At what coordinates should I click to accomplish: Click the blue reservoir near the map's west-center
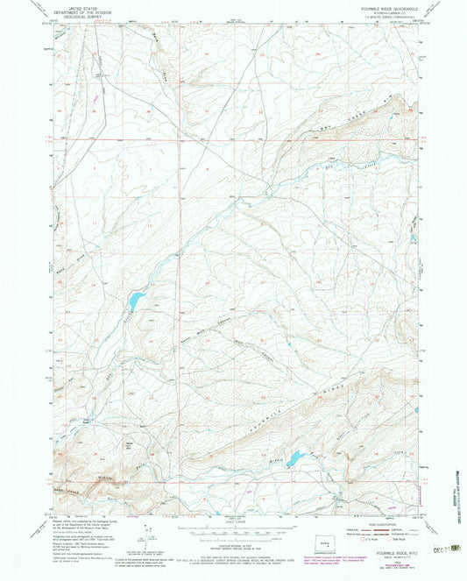click(136, 301)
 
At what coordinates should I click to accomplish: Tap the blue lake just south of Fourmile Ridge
click(294, 457)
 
